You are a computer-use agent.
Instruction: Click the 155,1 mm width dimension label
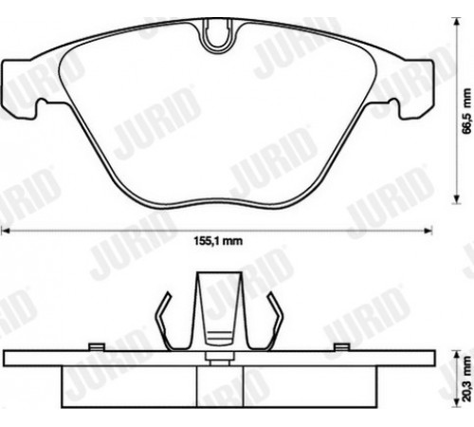pyautogui.click(x=218, y=241)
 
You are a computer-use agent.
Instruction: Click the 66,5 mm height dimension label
pyautogui.click(x=466, y=111)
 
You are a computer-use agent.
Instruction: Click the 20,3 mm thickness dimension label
pyautogui.click(x=466, y=379)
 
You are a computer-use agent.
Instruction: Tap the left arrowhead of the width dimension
pyautogui.click(x=6, y=231)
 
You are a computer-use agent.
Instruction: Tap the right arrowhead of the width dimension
pyautogui.click(x=428, y=231)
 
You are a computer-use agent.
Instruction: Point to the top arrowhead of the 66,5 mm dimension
pyautogui.click(x=456, y=22)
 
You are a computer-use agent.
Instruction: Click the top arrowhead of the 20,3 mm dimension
pyautogui.click(x=456, y=354)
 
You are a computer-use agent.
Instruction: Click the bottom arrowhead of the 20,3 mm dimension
pyautogui.click(x=456, y=403)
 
